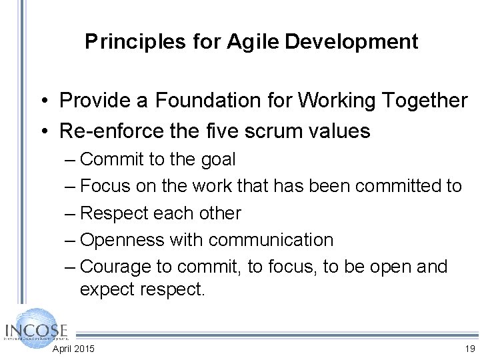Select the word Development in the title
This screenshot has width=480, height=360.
[351, 42]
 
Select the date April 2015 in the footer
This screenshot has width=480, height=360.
[73, 349]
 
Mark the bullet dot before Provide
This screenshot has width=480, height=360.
[41, 101]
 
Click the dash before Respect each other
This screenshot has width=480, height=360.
[70, 213]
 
